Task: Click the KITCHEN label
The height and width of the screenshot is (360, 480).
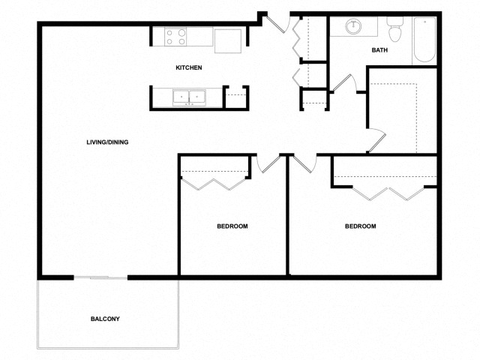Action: click(x=188, y=68)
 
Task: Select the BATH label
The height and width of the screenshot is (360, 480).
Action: click(x=379, y=50)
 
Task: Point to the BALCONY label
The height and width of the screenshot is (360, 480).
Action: click(x=105, y=319)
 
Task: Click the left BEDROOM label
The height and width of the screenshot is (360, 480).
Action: click(x=232, y=226)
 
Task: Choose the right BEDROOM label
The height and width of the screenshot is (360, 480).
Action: click(x=360, y=226)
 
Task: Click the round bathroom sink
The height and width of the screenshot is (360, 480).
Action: click(x=353, y=27)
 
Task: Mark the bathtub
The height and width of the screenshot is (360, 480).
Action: click(x=424, y=40)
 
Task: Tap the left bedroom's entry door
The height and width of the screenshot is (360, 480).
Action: click(x=266, y=163)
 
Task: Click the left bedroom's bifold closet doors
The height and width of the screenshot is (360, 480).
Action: click(x=214, y=182)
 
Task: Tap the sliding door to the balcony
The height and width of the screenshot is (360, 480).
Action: click(x=100, y=278)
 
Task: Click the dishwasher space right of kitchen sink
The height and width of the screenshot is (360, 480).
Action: click(x=235, y=97)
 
